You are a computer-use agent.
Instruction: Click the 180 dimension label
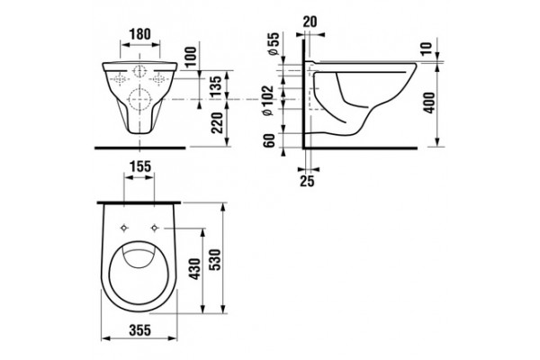[x=139, y=34]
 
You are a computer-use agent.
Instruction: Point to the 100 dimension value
[x=191, y=57]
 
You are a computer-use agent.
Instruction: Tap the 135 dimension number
[x=216, y=86]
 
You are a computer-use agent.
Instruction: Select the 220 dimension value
[x=217, y=123]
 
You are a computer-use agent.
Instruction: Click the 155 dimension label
[x=140, y=166]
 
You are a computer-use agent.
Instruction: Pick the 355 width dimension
[x=140, y=330]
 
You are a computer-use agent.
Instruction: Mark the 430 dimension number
[x=194, y=268]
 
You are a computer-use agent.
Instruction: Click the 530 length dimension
[x=214, y=259]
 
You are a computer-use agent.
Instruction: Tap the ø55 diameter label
[x=273, y=44]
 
